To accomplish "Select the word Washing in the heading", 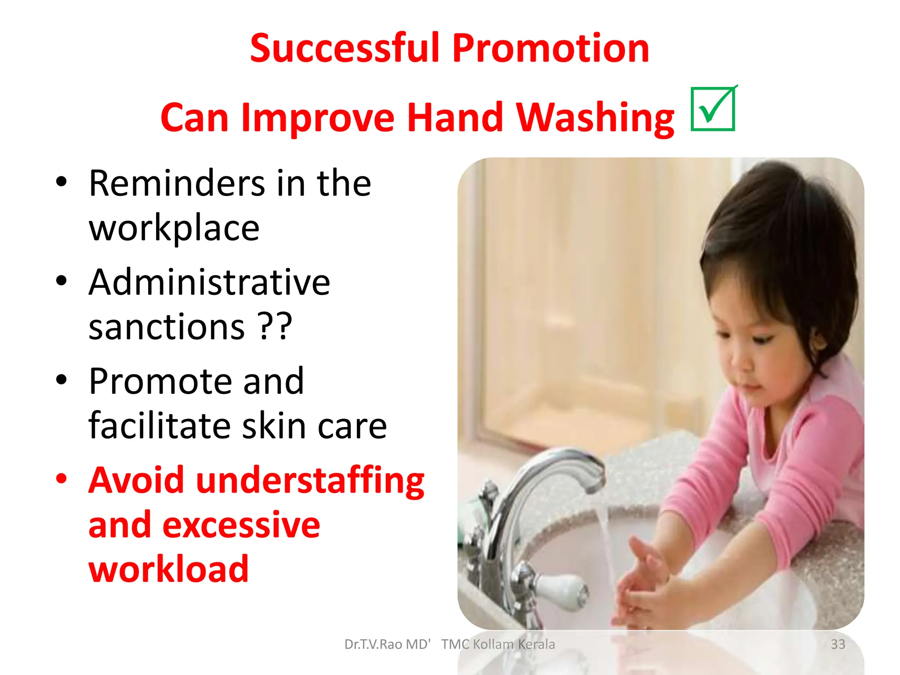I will point(595,118).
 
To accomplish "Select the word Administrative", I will point(209,282).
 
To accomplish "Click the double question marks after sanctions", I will point(275,327).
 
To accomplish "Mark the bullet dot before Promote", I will point(62,380).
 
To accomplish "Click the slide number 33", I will point(838,644).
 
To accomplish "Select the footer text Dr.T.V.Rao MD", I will point(387,644).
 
